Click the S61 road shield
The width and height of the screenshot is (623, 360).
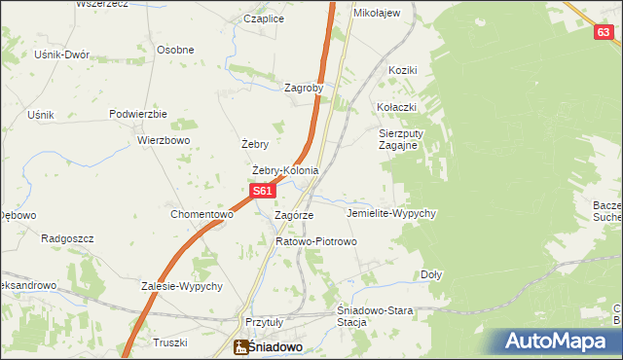coord(261,192)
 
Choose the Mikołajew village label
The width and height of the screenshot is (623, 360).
coord(377,14)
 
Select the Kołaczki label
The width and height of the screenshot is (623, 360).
coord(396,107)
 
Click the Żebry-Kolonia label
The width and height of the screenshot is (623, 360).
coord(285,170)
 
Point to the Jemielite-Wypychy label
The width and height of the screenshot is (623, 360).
coord(390,213)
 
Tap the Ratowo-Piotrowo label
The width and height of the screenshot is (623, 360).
coord(317,240)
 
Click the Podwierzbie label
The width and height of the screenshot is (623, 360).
coord(138,114)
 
